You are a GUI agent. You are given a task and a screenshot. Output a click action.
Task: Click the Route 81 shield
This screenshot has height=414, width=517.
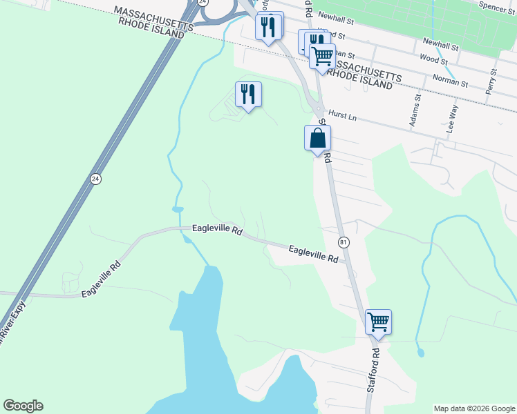tap(344, 242)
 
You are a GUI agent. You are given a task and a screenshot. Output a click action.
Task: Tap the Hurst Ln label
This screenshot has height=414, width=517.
tap(341, 116)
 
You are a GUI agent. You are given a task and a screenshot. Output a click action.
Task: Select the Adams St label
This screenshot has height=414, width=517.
tap(415, 111)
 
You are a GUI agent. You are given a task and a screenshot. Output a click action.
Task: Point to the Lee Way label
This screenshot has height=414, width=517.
tap(453, 119)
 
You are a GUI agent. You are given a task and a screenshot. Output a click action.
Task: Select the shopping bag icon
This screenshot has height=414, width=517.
tap(317, 137)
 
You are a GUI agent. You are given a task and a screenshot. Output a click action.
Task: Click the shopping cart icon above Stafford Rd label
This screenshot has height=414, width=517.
tap(378, 322)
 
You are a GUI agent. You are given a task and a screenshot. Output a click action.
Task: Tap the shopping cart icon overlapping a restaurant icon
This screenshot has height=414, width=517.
tap(322, 56)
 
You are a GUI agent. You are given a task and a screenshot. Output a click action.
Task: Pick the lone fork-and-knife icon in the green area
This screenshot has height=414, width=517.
tap(248, 94)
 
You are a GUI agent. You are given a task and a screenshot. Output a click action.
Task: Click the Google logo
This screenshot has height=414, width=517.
tap(23, 406)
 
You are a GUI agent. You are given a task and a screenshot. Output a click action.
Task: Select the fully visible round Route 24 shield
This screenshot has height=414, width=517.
tap(95, 179)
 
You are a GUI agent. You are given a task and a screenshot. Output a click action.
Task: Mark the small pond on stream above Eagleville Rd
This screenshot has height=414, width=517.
tap(178, 209)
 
